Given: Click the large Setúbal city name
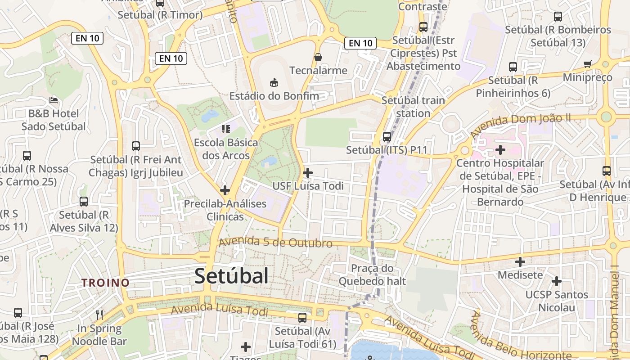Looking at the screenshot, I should click(231, 276).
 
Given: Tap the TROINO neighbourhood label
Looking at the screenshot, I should click(105, 283).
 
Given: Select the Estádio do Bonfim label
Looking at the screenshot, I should click(274, 96).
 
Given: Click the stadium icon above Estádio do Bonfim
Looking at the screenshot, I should click(274, 82).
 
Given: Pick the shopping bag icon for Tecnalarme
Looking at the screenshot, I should click(318, 57).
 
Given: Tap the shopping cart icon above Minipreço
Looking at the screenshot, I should click(587, 64).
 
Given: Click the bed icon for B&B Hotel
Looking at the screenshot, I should click(54, 100).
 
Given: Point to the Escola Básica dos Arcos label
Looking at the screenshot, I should click(226, 149).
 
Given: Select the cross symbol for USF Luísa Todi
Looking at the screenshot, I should click(308, 173).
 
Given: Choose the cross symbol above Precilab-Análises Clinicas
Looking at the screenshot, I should click(225, 190).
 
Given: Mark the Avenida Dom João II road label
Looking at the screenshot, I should click(520, 125).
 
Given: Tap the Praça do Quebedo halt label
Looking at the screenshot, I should click(372, 275).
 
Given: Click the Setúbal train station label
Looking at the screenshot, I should click(413, 107).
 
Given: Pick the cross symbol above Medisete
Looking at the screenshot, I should click(520, 261).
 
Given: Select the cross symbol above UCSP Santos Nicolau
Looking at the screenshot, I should click(557, 281).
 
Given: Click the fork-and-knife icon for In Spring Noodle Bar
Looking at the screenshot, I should click(99, 315).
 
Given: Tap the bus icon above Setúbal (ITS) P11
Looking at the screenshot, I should click(387, 136).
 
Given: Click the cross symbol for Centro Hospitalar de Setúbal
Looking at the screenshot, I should click(500, 149).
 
